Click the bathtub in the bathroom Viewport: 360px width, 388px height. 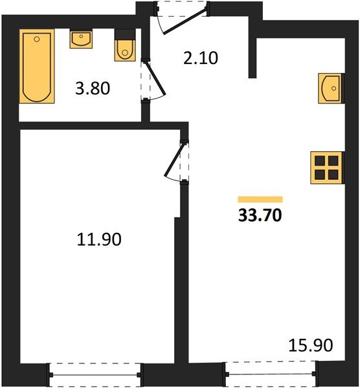pyautogui.click(x=37, y=66)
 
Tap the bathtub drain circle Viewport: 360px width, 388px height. pyautogui.click(x=37, y=39)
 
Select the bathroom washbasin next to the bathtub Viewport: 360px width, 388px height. pyautogui.click(x=81, y=39)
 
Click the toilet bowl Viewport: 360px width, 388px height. pyautogui.click(x=125, y=50)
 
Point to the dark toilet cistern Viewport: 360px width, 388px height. pyautogui.click(x=125, y=34)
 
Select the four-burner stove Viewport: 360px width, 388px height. pyautogui.click(x=327, y=167)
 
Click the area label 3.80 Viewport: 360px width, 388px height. pyautogui.click(x=93, y=89)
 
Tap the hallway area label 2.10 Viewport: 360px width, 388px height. pyautogui.click(x=201, y=58)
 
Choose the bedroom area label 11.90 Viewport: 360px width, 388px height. pyautogui.click(x=99, y=239)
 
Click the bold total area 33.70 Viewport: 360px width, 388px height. pyautogui.click(x=260, y=215)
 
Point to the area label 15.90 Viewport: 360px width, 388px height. pyautogui.click(x=311, y=345)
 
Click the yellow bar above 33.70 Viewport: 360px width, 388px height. pyautogui.click(x=260, y=199)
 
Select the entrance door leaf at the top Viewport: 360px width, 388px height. pyautogui.click(x=185, y=21)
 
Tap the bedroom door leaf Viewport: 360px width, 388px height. pyautogui.click(x=175, y=160)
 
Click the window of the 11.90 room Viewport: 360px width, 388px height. pyautogui.click(x=95, y=375)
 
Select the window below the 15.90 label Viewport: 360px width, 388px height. pyautogui.click(x=271, y=374)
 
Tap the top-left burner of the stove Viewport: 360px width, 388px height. pyautogui.click(x=320, y=160)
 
